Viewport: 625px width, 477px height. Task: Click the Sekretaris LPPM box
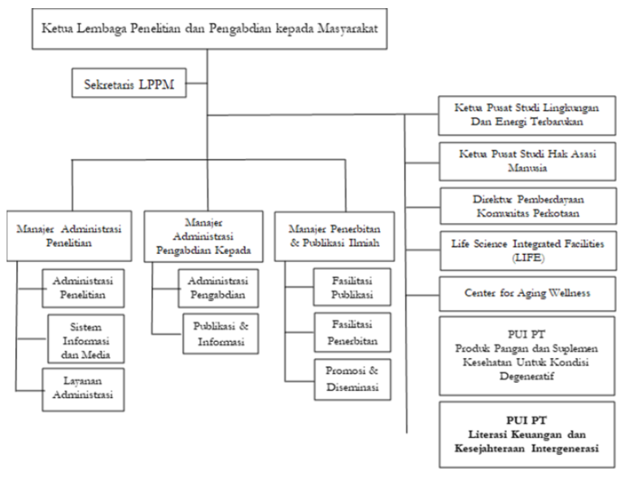coord(129,83)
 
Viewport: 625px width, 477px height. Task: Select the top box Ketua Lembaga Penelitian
coord(209,28)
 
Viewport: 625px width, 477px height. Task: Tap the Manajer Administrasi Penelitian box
coord(69,236)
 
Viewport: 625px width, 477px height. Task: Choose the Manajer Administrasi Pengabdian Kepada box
coord(203,237)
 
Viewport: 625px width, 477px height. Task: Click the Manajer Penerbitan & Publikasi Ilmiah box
coord(334,237)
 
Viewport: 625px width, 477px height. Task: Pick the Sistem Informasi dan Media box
coord(85,339)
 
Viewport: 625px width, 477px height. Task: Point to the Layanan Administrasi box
coord(83,390)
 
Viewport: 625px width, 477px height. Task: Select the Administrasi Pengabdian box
coord(218,288)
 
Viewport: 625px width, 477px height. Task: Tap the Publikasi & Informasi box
coord(221,334)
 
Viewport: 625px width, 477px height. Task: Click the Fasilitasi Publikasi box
coord(352,287)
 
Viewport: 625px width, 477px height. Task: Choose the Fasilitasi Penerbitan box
coord(352,333)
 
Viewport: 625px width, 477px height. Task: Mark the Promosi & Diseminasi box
coord(352,379)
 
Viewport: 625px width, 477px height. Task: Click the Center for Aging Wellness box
coord(527,294)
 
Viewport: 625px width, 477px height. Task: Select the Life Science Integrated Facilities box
coord(527,251)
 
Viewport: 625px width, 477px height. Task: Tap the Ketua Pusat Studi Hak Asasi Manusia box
coord(527,161)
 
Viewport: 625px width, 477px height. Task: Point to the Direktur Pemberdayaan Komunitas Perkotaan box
coord(527,206)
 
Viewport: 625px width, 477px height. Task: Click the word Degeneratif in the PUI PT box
coord(527,376)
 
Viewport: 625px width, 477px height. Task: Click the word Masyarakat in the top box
coord(347,28)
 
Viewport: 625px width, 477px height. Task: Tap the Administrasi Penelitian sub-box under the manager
coord(83,288)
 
